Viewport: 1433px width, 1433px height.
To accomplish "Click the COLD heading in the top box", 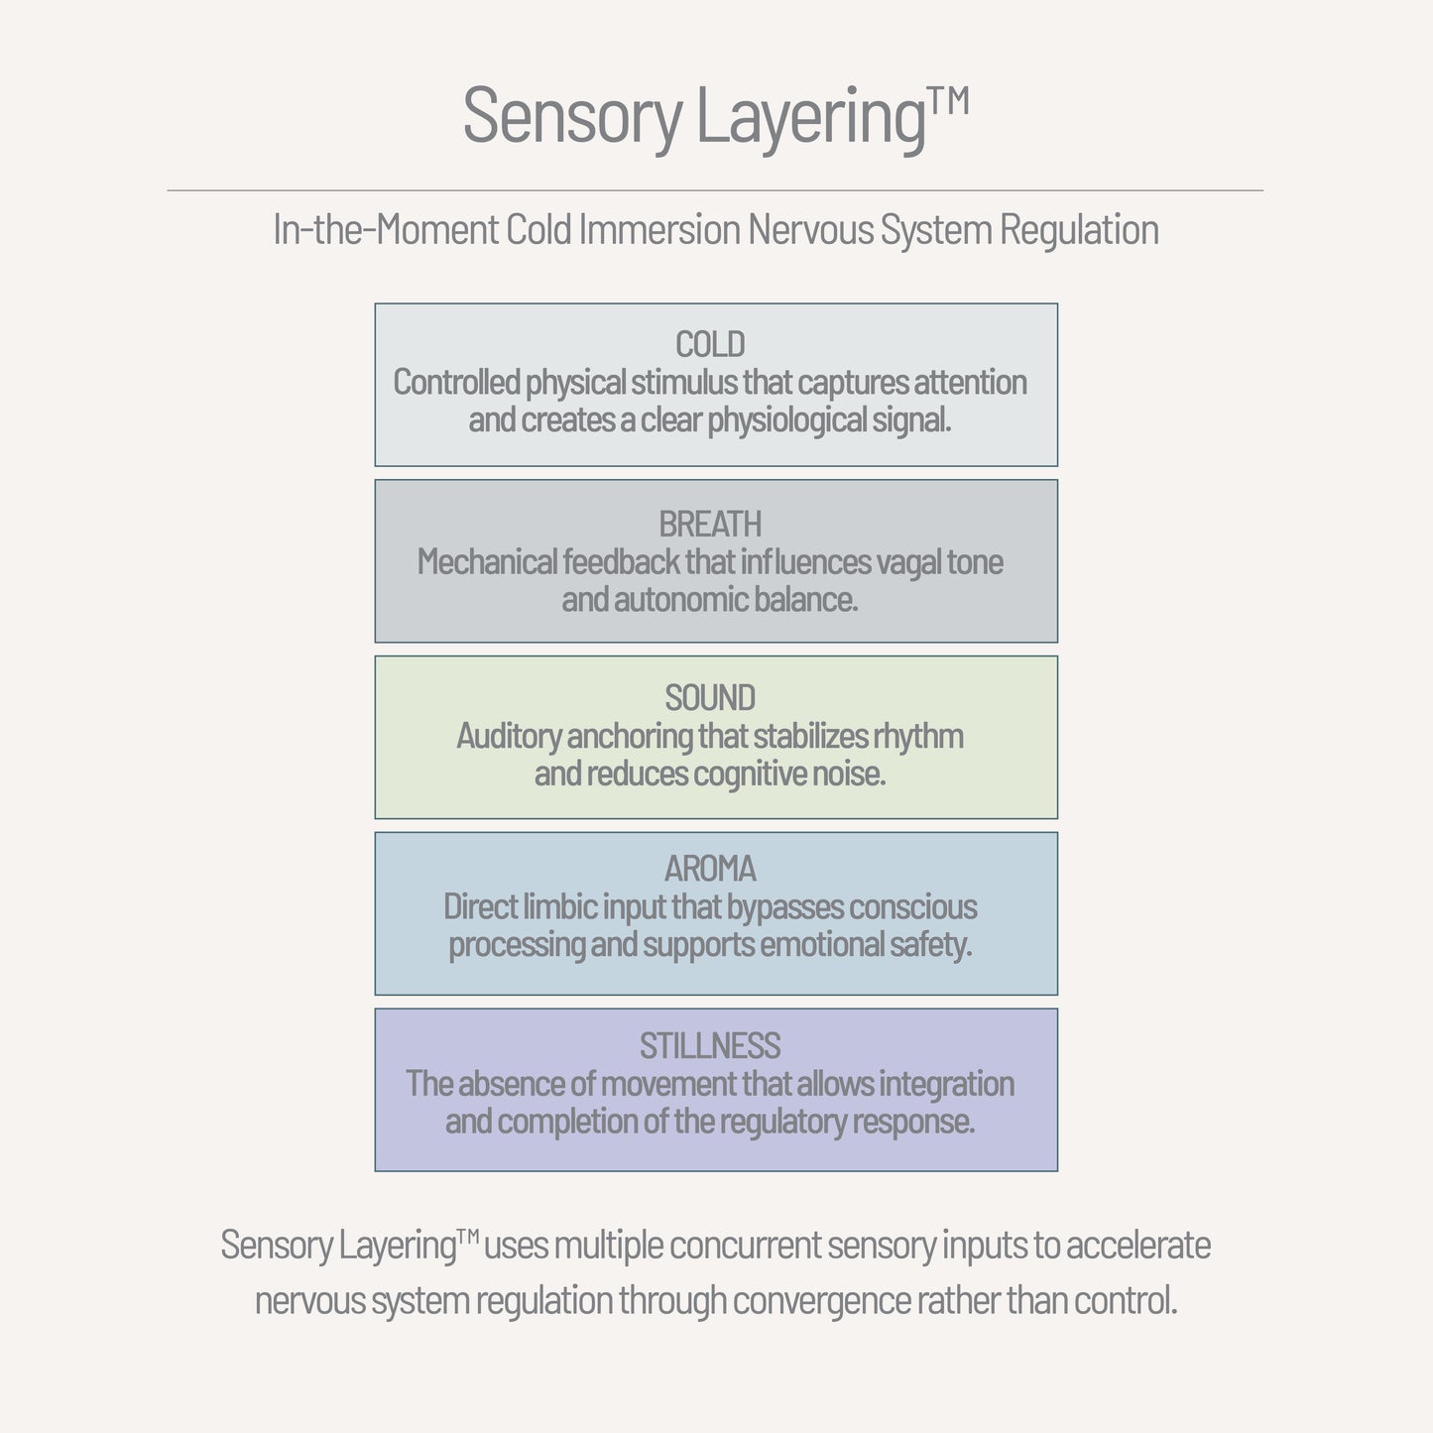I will click(x=710, y=345).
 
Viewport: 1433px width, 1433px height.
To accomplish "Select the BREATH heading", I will click(x=710, y=525).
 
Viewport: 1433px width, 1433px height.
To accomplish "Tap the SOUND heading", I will click(x=710, y=698).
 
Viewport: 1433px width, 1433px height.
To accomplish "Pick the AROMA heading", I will click(x=710, y=870).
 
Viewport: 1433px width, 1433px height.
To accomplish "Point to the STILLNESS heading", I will click(x=710, y=1046).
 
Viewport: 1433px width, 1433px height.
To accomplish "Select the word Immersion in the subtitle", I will click(x=659, y=230).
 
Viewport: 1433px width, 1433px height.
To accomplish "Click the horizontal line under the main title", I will click(x=715, y=189).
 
